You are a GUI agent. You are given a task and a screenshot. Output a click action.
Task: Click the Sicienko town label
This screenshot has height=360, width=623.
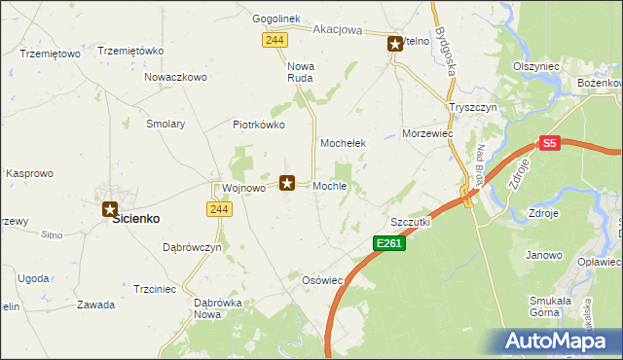coord(136,219)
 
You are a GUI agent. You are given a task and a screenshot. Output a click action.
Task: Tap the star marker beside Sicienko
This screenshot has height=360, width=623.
coord(110,208)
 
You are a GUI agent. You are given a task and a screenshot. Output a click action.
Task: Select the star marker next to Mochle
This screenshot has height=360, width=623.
coord(287,182)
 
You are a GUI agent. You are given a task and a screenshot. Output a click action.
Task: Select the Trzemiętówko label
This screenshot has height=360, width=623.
coord(130,51)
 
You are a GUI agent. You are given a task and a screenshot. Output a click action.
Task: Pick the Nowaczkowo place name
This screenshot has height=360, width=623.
coord(176,77)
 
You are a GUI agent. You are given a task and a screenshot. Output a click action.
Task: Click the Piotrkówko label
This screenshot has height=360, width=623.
coord(258,125)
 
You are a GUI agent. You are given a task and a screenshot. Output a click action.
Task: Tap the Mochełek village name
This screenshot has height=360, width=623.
coord(343,143)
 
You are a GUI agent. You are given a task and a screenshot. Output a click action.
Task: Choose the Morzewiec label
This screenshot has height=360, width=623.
coord(429,132)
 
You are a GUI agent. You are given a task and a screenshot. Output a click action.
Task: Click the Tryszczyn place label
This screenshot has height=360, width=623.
coord(473,107)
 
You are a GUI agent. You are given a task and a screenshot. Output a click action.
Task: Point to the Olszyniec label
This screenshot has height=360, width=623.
coord(535,66)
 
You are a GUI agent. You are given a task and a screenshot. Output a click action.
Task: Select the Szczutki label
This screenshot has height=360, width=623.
coord(410,222)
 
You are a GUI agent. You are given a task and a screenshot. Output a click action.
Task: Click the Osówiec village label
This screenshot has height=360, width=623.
coord(323,280)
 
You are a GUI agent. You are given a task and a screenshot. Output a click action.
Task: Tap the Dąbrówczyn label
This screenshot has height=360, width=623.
coord(192,248)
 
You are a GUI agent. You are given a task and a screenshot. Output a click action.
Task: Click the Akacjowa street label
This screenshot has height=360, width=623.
coord(338,30)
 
